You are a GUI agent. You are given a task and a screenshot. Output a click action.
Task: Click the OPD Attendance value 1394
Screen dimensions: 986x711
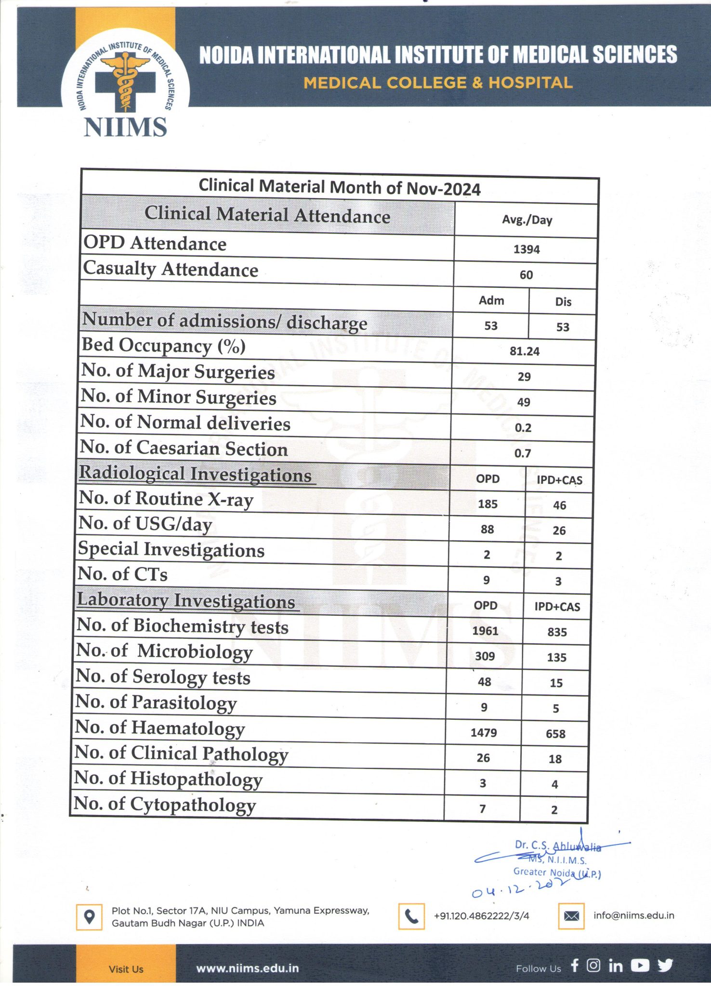(x=526, y=249)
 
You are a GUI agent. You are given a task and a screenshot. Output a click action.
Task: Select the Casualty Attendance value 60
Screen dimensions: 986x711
(x=526, y=275)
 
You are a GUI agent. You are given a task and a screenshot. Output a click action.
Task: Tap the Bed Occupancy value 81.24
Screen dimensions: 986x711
(x=525, y=351)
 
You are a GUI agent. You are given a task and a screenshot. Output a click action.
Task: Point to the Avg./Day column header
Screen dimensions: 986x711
(x=527, y=220)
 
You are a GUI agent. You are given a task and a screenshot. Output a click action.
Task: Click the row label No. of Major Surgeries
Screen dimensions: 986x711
(x=178, y=372)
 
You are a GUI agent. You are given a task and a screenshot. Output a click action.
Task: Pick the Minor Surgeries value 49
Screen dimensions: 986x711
(x=524, y=402)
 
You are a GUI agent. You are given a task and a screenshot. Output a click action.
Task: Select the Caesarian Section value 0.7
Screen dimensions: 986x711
(x=523, y=453)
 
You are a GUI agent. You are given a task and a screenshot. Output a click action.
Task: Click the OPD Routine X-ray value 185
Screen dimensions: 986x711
(x=487, y=504)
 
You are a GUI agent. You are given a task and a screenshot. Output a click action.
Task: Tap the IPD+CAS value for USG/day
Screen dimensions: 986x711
(x=559, y=531)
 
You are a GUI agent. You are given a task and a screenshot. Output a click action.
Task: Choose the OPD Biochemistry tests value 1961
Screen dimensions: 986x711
(x=485, y=631)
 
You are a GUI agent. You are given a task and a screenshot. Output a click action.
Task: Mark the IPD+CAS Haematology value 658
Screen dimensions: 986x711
(x=555, y=734)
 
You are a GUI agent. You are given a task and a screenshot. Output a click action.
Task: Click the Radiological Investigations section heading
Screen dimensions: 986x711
(x=196, y=474)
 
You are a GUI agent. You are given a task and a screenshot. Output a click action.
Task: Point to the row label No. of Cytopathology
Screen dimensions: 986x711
(x=164, y=804)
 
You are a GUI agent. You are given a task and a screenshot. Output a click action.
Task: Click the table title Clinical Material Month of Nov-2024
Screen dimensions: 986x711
(x=340, y=187)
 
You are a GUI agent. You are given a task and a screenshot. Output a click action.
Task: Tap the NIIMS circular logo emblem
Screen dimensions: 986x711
(x=125, y=79)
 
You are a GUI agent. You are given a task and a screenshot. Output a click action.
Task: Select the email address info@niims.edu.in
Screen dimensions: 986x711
(x=633, y=915)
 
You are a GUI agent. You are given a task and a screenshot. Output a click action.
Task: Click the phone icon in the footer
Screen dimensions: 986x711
(x=411, y=916)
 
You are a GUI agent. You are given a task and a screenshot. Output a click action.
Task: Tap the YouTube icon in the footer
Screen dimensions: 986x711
(x=640, y=965)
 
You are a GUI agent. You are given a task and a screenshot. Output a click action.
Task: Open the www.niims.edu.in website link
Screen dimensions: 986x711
(x=247, y=968)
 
